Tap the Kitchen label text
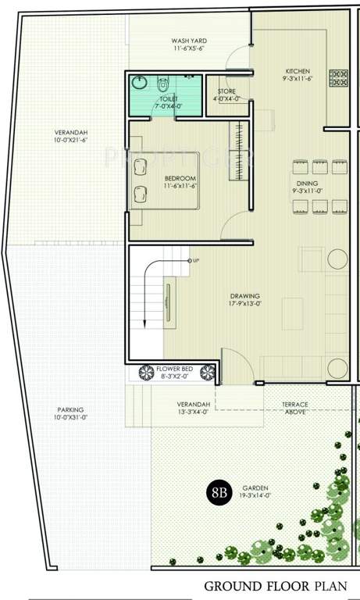[297, 70]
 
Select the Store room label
[227, 92]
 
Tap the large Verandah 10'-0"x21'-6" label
[70, 136]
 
